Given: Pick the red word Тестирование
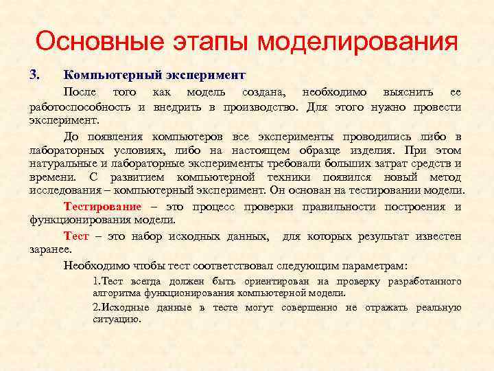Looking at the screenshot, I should pos(102,207).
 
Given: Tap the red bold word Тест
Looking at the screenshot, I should pos(75,236).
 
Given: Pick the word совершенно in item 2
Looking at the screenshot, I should pos(310,307).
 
